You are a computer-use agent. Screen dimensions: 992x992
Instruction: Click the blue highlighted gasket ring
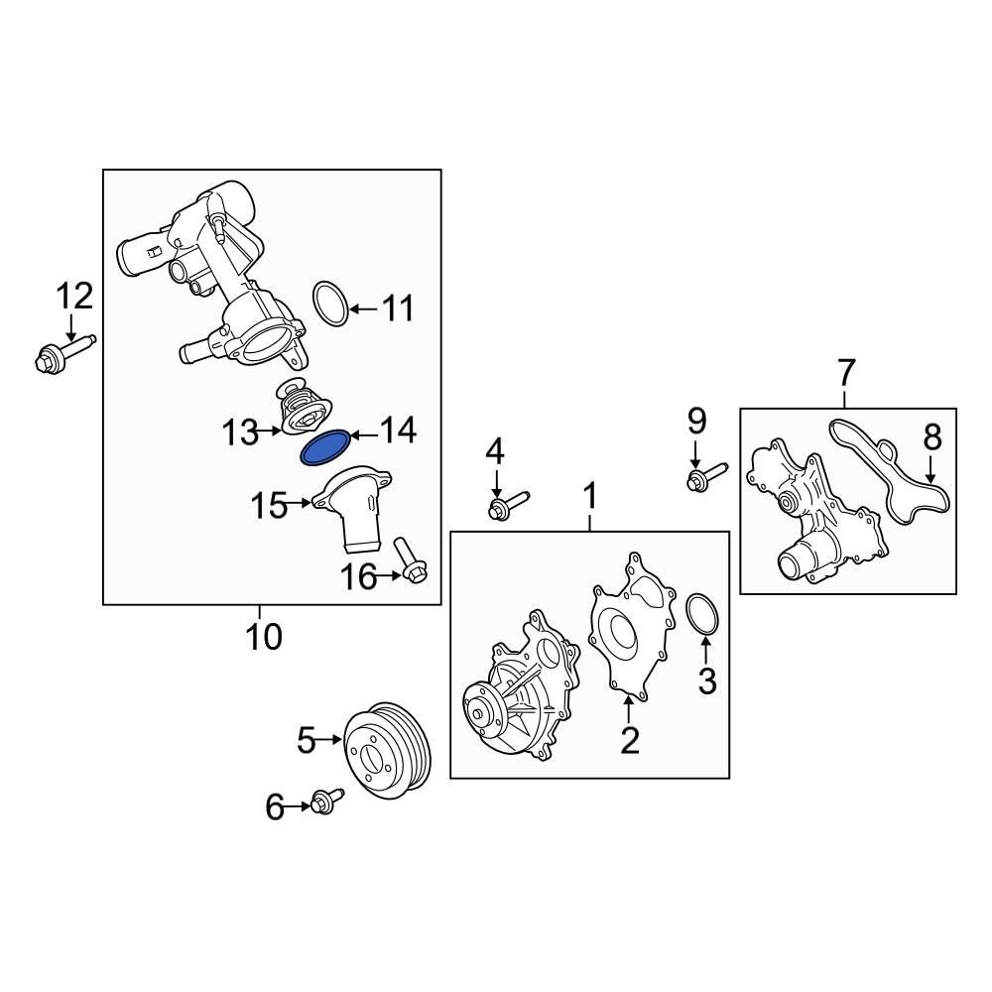pyautogui.click(x=324, y=449)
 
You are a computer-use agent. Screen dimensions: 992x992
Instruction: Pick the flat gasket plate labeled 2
pyautogui.click(x=629, y=630)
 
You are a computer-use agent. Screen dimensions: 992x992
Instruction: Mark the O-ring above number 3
pyautogui.click(x=702, y=613)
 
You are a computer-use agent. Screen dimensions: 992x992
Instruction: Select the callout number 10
pyautogui.click(x=263, y=636)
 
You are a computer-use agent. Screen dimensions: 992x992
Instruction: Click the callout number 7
pyautogui.click(x=845, y=374)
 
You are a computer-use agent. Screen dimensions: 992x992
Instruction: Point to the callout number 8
pyautogui.click(x=931, y=436)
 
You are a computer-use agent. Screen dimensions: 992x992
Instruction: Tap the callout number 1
pyautogui.click(x=590, y=495)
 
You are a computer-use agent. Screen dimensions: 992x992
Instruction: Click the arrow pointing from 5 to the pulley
pyautogui.click(x=330, y=739)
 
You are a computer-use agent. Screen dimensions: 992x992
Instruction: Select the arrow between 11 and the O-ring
pyautogui.click(x=363, y=310)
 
